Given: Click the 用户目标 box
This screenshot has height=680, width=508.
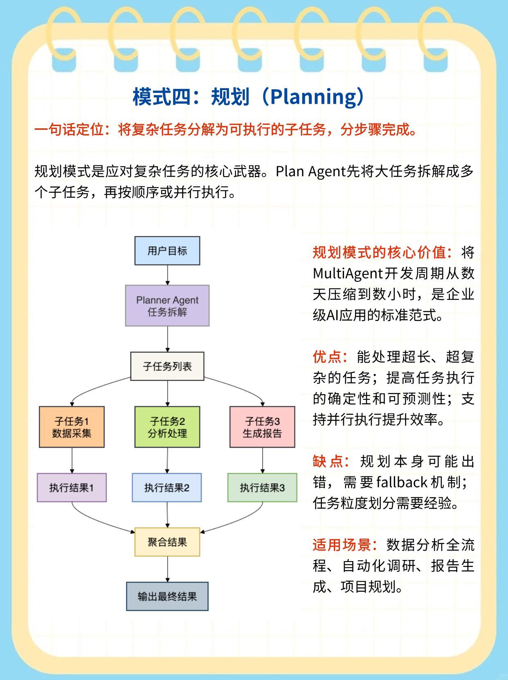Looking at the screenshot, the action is [x=167, y=251].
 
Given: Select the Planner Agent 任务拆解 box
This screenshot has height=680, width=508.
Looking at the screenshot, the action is [x=167, y=306].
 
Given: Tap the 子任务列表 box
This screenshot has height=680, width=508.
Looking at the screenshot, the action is [x=167, y=366].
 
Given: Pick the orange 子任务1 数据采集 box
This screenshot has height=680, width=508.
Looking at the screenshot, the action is [x=72, y=427].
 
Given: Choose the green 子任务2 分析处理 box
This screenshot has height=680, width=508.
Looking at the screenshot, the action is [x=167, y=427].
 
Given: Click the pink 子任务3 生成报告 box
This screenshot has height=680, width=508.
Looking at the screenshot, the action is [x=262, y=427].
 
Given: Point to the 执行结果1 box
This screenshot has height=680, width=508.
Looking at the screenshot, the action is [x=72, y=487].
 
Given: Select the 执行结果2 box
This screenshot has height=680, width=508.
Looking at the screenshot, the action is [x=167, y=487].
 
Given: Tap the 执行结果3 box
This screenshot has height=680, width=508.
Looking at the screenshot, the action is [x=262, y=487].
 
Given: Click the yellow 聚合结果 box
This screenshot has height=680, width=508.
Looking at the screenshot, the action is [x=167, y=542].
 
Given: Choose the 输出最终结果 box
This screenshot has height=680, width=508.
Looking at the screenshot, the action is [x=167, y=596].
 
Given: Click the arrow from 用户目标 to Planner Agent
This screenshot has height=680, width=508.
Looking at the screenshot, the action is [x=167, y=275].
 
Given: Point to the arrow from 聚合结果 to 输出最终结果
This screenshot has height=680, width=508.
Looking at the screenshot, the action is [x=167, y=569].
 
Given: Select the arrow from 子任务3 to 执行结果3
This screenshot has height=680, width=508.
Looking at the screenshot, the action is [x=262, y=460].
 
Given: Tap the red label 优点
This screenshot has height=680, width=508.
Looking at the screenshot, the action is [x=327, y=357].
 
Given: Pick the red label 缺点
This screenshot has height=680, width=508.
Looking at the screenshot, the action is [x=327, y=462].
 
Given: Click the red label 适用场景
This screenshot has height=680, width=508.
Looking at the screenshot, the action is [x=341, y=545].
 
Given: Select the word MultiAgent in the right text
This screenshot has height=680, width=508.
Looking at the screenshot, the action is [x=347, y=273].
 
